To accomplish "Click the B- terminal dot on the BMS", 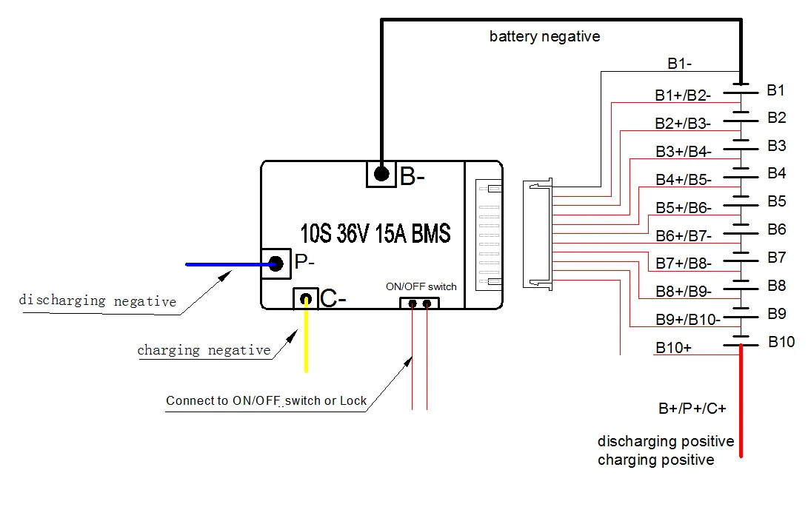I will [x=381, y=174].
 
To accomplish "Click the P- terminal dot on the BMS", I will [x=276, y=263].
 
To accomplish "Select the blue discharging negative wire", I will [x=222, y=264].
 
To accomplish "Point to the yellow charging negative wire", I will [x=305, y=340].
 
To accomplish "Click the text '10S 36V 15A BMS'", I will [x=375, y=234].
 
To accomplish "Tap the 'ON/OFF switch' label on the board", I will [x=421, y=286].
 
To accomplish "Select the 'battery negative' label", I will [x=544, y=36].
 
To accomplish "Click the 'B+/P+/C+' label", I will [x=692, y=409].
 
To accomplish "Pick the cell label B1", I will [x=775, y=90].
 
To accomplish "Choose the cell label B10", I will [x=781, y=342].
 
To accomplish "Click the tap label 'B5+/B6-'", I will [x=683, y=208].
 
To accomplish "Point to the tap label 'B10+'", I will [x=673, y=347].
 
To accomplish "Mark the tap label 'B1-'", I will [x=679, y=64].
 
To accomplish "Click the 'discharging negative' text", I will [x=97, y=301].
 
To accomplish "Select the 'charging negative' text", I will [x=204, y=350].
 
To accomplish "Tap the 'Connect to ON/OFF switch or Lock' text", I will [x=266, y=401].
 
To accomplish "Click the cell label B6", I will [x=776, y=229].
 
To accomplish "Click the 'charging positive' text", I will [x=655, y=460].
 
